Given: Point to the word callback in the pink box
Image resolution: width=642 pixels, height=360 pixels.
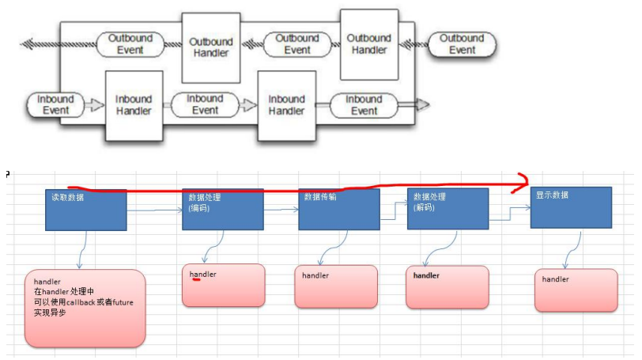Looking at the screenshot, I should (x=82, y=303).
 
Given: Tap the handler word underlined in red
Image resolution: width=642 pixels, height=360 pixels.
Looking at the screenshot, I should (x=202, y=274).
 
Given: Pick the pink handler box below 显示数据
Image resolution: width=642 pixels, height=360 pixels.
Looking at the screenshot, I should (x=575, y=290).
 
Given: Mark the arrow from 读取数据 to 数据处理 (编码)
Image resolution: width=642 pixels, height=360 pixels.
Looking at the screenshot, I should (x=155, y=210).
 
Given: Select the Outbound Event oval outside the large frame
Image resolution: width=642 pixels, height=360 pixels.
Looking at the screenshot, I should (x=462, y=44).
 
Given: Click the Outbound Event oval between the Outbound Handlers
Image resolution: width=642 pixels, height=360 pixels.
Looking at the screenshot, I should (x=298, y=44).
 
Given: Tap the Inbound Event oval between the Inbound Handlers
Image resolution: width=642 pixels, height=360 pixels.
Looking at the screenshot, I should (x=205, y=104).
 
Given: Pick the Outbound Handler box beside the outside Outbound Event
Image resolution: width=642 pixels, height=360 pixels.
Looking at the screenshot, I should (x=368, y=44).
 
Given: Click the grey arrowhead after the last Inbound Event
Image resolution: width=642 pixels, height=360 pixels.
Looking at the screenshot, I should (x=421, y=104).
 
